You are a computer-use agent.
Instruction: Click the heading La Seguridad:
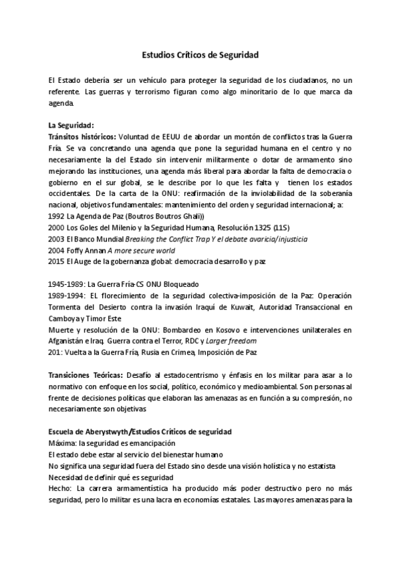pos(71,124)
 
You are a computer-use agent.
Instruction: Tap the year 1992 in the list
pos(57,217)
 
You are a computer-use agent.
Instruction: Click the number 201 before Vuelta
pos(55,352)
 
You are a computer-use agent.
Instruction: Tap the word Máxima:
pos(63,443)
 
